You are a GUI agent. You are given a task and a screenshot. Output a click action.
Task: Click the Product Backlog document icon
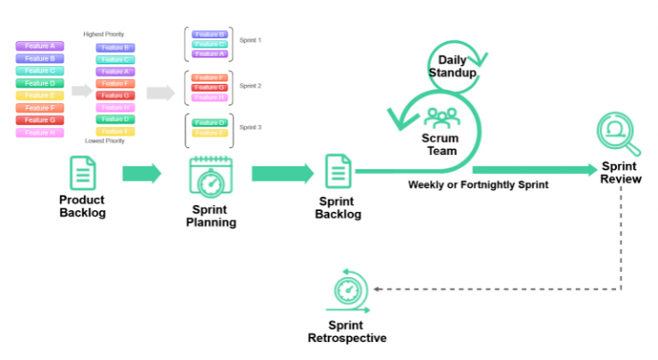82,173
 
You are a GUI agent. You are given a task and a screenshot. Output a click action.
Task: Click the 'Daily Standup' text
451,66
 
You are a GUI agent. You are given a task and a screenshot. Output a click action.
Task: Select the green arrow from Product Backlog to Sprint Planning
141,173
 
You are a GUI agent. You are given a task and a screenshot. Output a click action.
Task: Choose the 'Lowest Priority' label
105,141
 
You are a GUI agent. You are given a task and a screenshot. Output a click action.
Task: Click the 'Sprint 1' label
250,40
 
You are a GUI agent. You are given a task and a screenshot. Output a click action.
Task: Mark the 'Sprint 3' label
250,127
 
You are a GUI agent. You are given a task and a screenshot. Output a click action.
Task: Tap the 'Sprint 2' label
250,86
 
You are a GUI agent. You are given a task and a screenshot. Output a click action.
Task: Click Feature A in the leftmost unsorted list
39,46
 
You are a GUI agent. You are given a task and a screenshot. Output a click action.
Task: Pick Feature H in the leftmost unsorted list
39,133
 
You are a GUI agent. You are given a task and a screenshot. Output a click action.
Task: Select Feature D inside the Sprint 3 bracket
209,123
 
